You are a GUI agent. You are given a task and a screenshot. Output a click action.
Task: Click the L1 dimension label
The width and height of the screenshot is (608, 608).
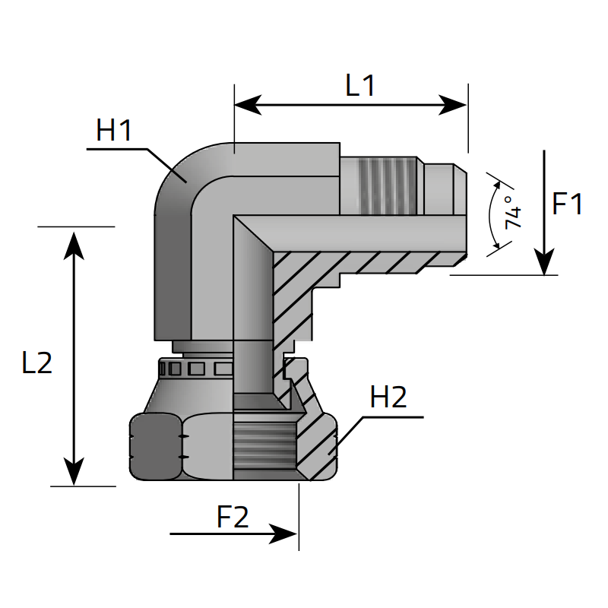click(x=360, y=85)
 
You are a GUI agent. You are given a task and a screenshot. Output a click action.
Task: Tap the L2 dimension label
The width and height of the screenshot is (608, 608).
click(x=36, y=363)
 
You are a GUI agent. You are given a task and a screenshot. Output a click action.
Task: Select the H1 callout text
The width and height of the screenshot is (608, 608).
click(x=114, y=131)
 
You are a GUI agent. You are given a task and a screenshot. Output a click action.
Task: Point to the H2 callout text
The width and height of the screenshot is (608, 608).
click(x=388, y=398)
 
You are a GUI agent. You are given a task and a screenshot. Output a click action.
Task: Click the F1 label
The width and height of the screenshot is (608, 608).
click(x=567, y=204)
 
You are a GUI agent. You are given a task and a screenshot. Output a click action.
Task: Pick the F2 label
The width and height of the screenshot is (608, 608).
click(x=233, y=518)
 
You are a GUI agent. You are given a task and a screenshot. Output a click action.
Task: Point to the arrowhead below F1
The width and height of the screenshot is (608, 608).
click(x=545, y=263)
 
